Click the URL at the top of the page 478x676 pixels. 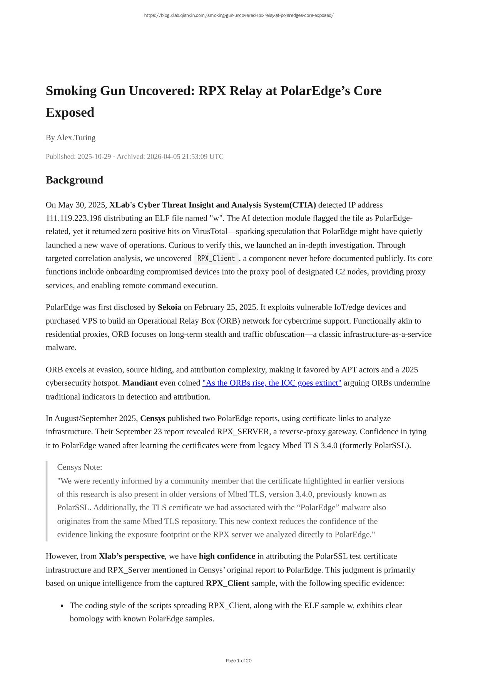(239, 15)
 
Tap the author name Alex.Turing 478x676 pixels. (76, 137)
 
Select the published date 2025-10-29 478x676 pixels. (94, 157)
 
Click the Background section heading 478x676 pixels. (74, 180)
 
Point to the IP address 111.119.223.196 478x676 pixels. (74, 218)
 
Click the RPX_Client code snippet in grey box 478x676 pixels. (216, 258)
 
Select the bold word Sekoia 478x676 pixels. (169, 307)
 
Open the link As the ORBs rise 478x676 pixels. (272, 383)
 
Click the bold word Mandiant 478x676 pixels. (140, 383)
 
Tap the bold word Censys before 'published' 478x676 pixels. (153, 418)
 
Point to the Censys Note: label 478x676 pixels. (80, 467)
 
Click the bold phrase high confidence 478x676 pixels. (227, 556)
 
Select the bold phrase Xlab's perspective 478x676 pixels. (132, 556)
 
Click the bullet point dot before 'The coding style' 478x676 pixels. (62, 606)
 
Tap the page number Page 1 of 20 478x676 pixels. (239, 661)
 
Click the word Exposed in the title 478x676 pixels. (70, 112)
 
